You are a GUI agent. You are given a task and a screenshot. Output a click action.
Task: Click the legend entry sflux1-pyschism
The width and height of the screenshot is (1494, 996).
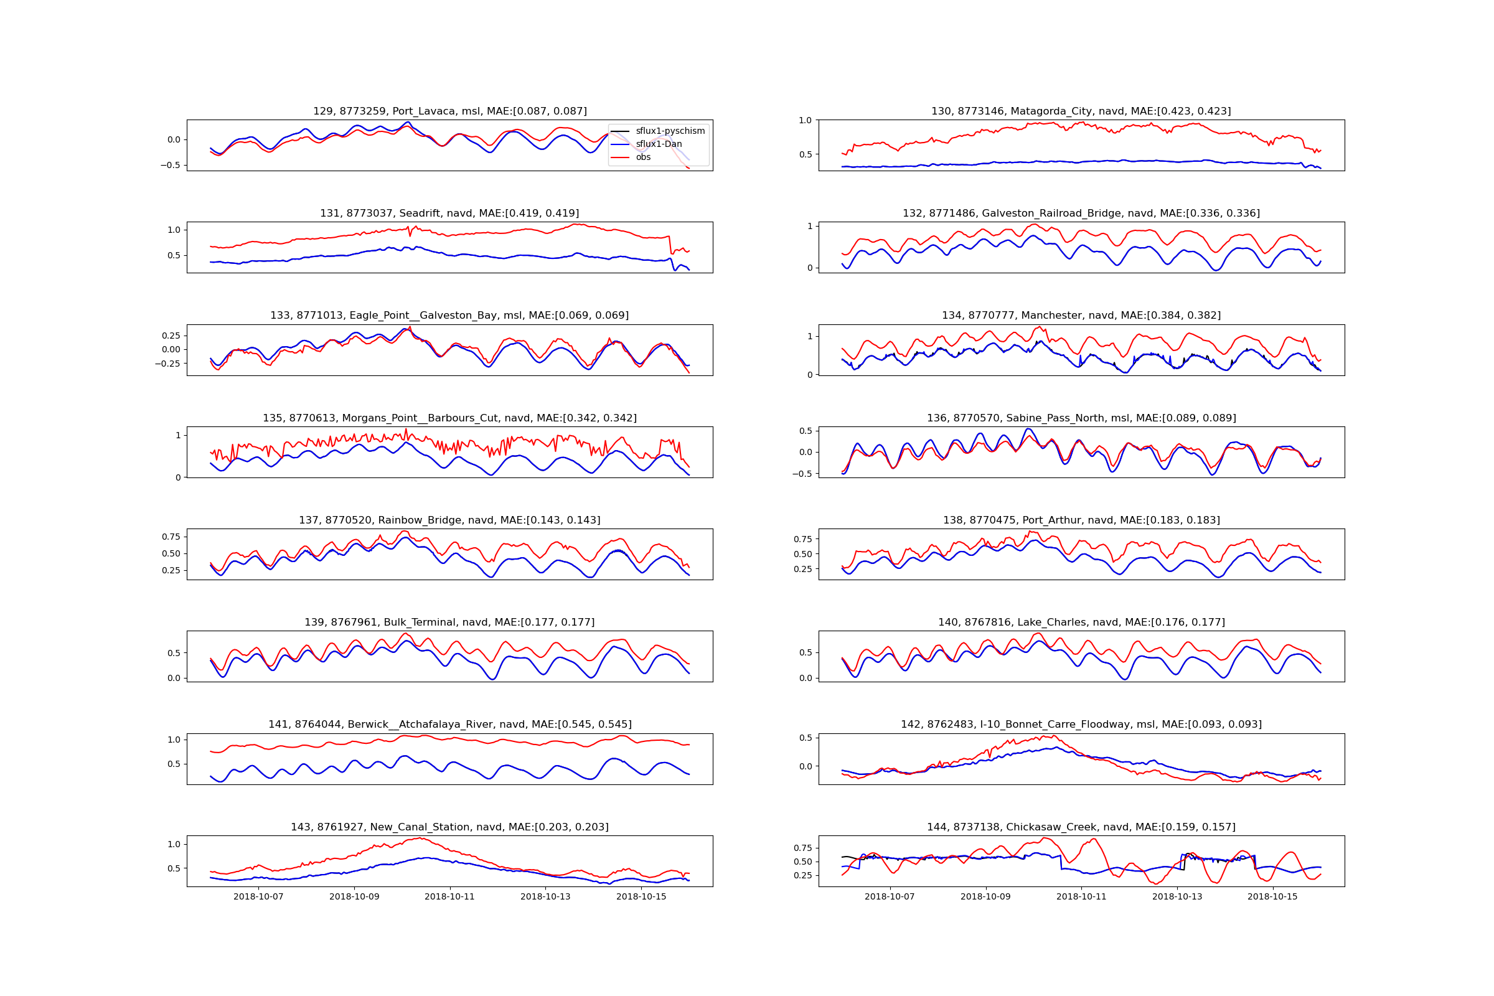point(670,131)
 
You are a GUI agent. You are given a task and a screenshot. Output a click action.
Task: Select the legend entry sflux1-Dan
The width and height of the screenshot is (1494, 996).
point(659,144)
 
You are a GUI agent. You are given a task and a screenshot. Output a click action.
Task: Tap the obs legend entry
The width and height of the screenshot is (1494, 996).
point(643,157)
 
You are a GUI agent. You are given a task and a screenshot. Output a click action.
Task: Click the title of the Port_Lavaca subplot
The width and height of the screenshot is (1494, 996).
point(449,111)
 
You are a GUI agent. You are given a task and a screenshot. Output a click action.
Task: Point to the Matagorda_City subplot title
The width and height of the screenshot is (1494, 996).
point(1081,111)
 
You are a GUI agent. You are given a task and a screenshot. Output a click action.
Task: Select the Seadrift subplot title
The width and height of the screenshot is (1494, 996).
point(449,214)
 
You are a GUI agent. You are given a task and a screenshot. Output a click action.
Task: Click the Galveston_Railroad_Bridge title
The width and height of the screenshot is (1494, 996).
point(1081,214)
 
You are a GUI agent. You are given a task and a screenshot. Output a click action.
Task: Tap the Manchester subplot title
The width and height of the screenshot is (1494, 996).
point(1081,316)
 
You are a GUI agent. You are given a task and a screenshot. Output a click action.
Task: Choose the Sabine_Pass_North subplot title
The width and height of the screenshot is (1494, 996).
point(1081,418)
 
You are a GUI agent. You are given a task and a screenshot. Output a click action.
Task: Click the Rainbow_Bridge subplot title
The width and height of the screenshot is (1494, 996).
point(449,520)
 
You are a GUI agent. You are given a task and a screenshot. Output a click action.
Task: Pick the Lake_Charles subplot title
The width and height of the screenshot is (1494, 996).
point(1081,622)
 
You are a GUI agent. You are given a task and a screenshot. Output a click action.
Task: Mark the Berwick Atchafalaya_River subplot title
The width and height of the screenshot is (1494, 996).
point(449,725)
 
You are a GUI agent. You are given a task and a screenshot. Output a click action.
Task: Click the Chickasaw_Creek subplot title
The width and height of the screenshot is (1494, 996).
point(1081,827)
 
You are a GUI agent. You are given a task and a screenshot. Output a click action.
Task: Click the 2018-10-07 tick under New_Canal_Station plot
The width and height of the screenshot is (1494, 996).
point(258,897)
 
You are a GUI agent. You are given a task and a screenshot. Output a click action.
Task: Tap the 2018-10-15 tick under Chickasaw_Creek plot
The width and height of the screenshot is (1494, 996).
point(1272,897)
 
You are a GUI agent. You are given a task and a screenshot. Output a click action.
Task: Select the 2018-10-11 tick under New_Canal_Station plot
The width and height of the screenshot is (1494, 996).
point(449,897)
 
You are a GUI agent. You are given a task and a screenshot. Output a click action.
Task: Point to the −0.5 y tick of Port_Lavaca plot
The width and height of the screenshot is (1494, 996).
point(169,165)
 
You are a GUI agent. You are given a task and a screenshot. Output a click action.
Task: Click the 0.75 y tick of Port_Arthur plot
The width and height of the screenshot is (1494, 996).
point(802,539)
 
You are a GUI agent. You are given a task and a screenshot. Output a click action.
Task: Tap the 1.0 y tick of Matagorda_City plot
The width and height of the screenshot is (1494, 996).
point(806,120)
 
